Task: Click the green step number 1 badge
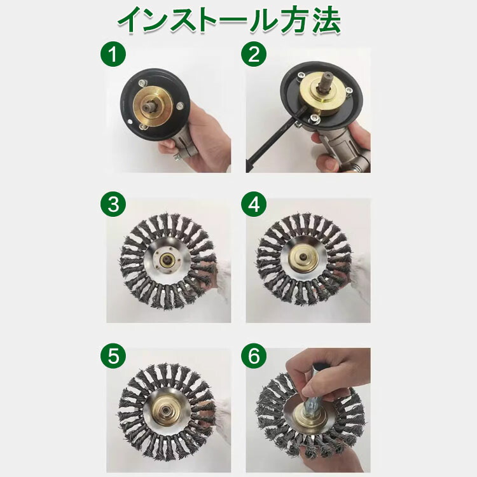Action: coord(113,54)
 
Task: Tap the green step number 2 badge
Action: coord(254,54)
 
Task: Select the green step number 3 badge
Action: coord(113,204)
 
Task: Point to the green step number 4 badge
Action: coord(254,204)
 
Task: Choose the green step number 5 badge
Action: coord(113,356)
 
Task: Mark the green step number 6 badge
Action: coord(254,356)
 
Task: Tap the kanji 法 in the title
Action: coord(327,20)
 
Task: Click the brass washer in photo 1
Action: coord(153,106)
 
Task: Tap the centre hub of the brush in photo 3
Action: coord(167,260)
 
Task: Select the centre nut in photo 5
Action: coord(167,410)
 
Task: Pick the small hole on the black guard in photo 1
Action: coord(130,122)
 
